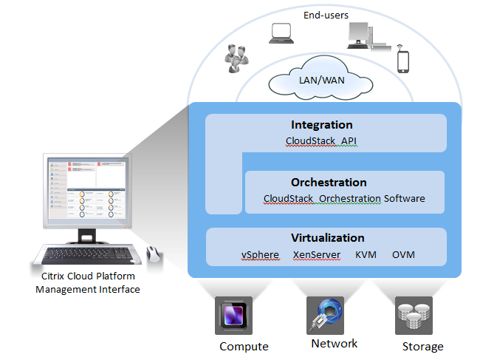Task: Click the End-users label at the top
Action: tap(326, 15)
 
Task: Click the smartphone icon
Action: tap(402, 61)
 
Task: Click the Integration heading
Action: tap(321, 125)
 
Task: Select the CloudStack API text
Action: tap(321, 140)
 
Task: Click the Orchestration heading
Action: tap(329, 182)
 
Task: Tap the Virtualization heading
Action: tap(328, 238)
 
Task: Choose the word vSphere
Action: tap(260, 255)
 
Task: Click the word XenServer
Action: tap(315, 255)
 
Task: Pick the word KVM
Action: tap(366, 255)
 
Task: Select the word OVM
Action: tap(403, 255)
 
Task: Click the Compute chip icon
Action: tap(233, 316)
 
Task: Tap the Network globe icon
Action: tap(325, 314)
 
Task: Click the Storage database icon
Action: tap(414, 316)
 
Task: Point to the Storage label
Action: tap(422, 346)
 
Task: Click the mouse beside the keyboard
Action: tap(154, 254)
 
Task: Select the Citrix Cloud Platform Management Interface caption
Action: tap(87, 283)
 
